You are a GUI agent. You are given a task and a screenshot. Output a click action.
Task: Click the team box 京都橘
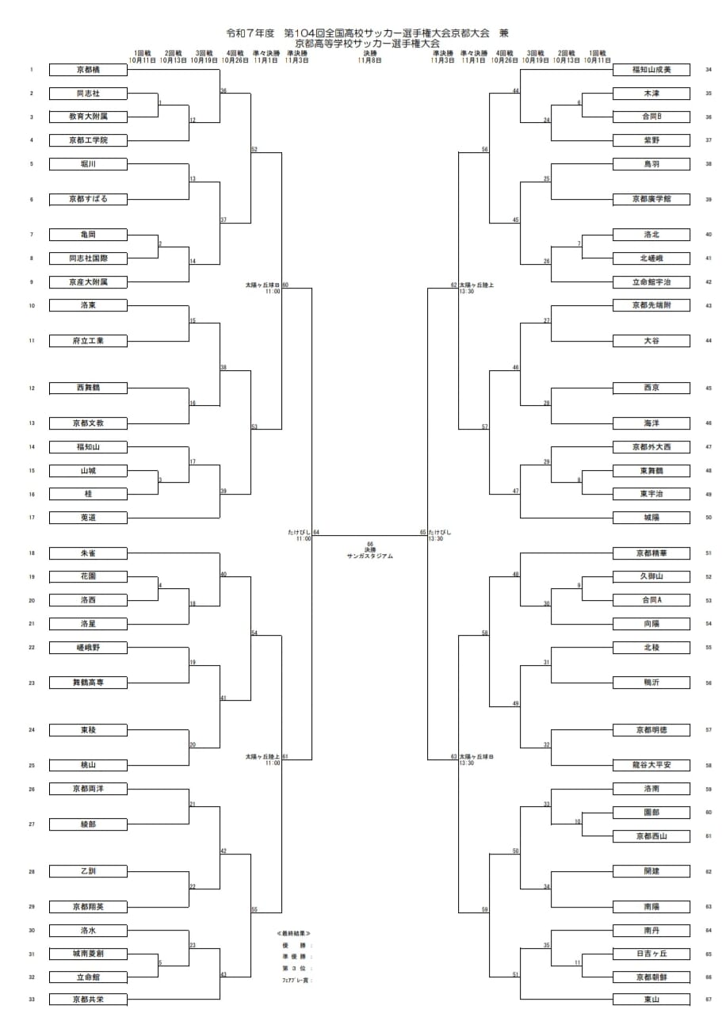tap(88, 70)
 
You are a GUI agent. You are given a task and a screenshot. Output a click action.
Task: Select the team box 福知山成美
tap(651, 70)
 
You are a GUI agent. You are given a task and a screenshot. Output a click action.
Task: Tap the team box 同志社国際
tap(88, 258)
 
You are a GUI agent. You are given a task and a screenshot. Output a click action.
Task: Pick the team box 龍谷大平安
tap(651, 766)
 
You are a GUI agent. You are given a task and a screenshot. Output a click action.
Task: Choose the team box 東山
tap(651, 1000)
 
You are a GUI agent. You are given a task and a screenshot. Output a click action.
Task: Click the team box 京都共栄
tap(88, 1000)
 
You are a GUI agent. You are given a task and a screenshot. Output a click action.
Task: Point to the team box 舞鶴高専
tap(88, 682)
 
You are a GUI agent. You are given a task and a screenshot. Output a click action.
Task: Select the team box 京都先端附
tap(651, 305)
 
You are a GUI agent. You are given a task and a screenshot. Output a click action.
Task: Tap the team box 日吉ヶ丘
tap(651, 953)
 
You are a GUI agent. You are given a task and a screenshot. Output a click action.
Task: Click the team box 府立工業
tap(88, 341)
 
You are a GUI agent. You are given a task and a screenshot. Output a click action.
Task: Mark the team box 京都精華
tap(651, 553)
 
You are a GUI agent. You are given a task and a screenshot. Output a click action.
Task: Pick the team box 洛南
tap(651, 789)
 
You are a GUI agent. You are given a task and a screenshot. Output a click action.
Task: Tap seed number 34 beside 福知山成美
tap(708, 70)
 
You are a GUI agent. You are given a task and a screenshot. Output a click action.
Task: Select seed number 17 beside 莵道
tap(32, 518)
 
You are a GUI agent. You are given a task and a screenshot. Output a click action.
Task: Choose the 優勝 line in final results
tap(296, 945)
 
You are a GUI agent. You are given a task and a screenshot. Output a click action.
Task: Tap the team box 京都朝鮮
tap(651, 977)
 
